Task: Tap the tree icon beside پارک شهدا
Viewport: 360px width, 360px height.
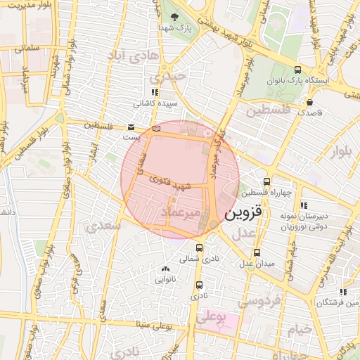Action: point(174,17)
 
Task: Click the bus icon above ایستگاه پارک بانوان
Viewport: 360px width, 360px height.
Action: point(297,70)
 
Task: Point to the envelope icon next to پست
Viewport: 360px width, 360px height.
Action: point(131,127)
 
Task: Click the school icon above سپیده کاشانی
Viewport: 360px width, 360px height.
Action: point(155,92)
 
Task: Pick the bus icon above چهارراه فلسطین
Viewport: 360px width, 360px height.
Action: point(266,181)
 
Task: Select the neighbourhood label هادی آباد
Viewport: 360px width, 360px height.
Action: point(134,54)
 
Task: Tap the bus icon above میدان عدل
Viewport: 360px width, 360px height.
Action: point(257,252)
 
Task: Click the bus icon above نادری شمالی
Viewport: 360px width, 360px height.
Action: point(200,247)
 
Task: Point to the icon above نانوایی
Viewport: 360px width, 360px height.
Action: point(166,269)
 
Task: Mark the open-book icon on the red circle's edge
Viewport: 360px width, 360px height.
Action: point(156,129)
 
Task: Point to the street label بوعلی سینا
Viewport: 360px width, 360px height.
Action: point(153,325)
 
